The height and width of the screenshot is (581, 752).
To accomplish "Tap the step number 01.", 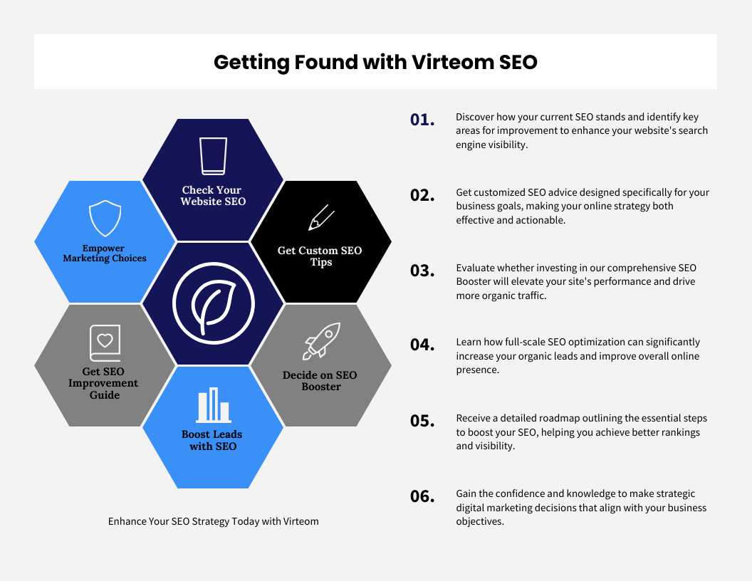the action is coord(422,120).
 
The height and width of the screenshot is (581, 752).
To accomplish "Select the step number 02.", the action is coord(422,195).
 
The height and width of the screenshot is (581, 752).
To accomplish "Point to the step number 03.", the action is coord(422,271).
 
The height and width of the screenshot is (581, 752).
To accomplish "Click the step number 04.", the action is coord(422,345).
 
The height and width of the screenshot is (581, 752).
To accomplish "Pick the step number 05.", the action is coord(422,421).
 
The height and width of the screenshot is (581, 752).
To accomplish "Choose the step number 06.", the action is coord(422,496).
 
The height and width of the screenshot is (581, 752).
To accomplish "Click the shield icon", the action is coord(105,219).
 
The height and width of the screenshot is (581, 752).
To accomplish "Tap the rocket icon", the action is coord(321,341).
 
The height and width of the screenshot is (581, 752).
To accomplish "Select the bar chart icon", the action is coord(214,405).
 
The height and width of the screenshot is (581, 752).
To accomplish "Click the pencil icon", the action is coord(321,218).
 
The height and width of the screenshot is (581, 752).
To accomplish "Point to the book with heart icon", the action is coord(105,343).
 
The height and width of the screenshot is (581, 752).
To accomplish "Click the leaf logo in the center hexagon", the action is coord(214,303).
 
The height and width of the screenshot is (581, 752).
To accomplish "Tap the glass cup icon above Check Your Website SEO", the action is coord(213,156).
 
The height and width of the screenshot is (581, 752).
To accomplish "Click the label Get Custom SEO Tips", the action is coord(320,256).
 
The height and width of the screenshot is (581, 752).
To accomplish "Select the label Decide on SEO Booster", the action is coord(320,381).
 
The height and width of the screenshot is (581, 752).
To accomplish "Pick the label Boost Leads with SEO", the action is coord(212,440).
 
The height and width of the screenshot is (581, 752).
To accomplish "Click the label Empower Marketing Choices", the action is coord(105,253).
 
